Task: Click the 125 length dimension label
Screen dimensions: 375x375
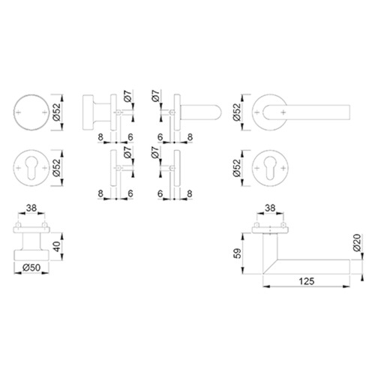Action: point(307,281)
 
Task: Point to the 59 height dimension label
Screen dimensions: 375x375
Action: point(238,253)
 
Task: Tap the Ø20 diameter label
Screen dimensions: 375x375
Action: point(357,242)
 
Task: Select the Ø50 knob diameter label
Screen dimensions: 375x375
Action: point(31,268)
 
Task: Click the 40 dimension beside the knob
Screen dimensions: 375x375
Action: point(57,247)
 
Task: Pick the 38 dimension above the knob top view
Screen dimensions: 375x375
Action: point(31,208)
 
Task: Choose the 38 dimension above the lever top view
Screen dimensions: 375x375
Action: point(270,208)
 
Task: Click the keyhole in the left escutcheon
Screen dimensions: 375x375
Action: point(31,169)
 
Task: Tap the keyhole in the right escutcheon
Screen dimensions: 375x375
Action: point(270,169)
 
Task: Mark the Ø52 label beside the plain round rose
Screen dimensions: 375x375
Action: point(57,112)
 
